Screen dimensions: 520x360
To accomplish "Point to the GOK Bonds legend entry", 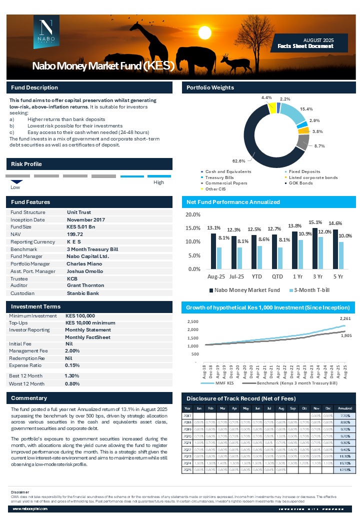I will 301,183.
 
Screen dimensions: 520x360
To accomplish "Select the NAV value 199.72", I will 75,234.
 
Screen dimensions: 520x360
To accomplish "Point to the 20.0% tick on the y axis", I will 193,215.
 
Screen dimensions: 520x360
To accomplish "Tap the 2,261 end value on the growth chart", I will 345,318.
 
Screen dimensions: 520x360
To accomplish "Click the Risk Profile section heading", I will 26,164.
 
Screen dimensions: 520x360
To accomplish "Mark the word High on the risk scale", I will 158,182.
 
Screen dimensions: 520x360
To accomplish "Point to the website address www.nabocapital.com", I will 30,508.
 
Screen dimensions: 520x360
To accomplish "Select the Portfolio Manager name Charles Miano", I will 84,263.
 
